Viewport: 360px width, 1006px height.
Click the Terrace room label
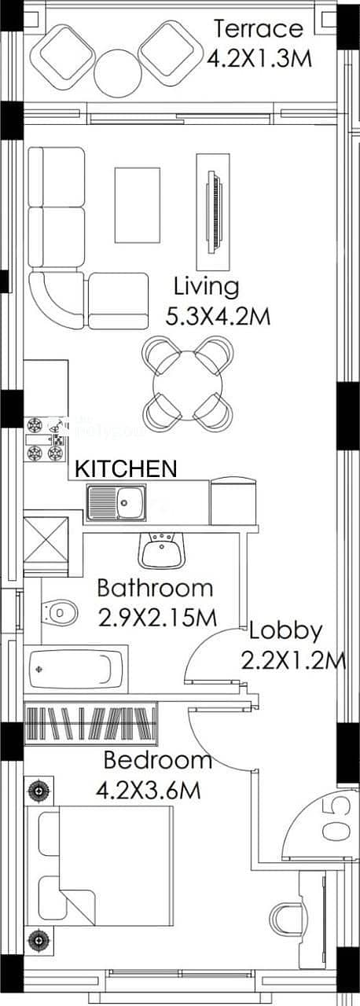point(258,29)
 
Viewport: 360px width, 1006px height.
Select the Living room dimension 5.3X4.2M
point(219,316)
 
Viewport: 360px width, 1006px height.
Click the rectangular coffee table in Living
point(138,205)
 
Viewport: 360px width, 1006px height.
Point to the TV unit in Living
point(214,212)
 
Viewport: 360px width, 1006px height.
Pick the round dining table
point(187,385)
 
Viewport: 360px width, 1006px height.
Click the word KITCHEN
point(126,468)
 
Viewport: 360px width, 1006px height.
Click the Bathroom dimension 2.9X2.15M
point(157,618)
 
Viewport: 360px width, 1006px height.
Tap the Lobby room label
point(286,632)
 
